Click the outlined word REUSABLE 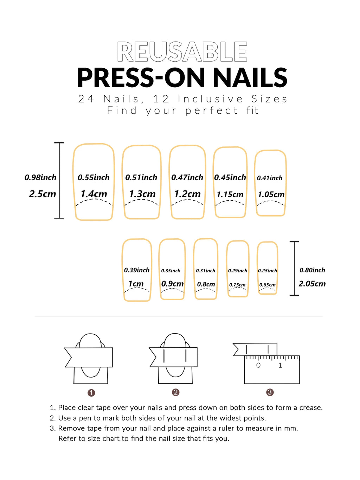pos(182,52)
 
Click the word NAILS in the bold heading pos(250,78)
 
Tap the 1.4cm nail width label pos(94,194)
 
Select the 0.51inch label pos(141,178)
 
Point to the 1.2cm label pos(187,194)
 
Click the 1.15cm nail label pos(230,194)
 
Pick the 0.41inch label pos(270,178)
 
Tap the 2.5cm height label pos(43,194)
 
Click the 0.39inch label pos(137,270)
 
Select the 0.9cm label pos(172,284)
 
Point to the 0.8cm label pos(206,284)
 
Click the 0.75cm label pos(237,285)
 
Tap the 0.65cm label pos(268,285)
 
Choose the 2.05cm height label pos(312,284)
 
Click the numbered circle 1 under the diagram pos(91,393)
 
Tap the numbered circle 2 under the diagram pos(176,392)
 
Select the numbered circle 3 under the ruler pos(270,392)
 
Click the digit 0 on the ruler pos(258,365)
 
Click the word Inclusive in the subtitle pos(210,99)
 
